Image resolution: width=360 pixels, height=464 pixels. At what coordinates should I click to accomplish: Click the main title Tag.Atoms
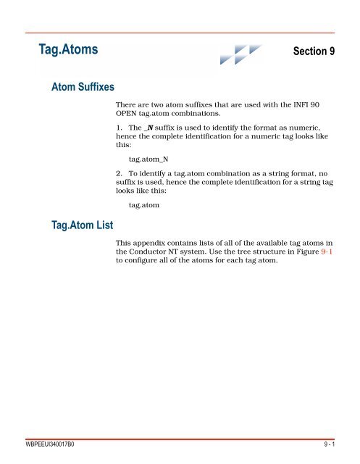[69, 50]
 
